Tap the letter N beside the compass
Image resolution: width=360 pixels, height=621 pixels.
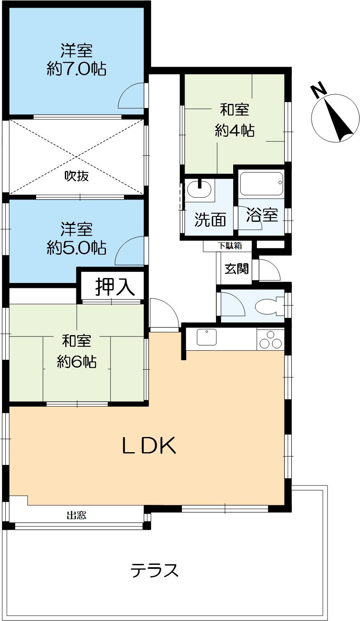[318, 91]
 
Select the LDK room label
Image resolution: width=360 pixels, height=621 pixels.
[149, 446]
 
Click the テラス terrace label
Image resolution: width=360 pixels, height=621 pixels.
[155, 570]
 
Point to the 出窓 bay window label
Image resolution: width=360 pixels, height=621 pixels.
[76, 515]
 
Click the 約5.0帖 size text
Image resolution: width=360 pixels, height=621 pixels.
[77, 248]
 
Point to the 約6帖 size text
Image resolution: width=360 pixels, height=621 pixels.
[77, 361]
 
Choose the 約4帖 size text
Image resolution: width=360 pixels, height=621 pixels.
[234, 131]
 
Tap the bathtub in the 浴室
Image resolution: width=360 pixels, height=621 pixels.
[261, 184]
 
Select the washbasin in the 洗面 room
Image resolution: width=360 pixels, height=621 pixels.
[199, 190]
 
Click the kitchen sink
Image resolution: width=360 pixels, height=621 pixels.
[209, 338]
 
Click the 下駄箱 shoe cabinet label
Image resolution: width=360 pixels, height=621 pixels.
[229, 246]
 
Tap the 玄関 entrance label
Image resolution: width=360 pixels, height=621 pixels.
[236, 269]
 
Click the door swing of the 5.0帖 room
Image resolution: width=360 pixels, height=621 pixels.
[131, 251]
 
